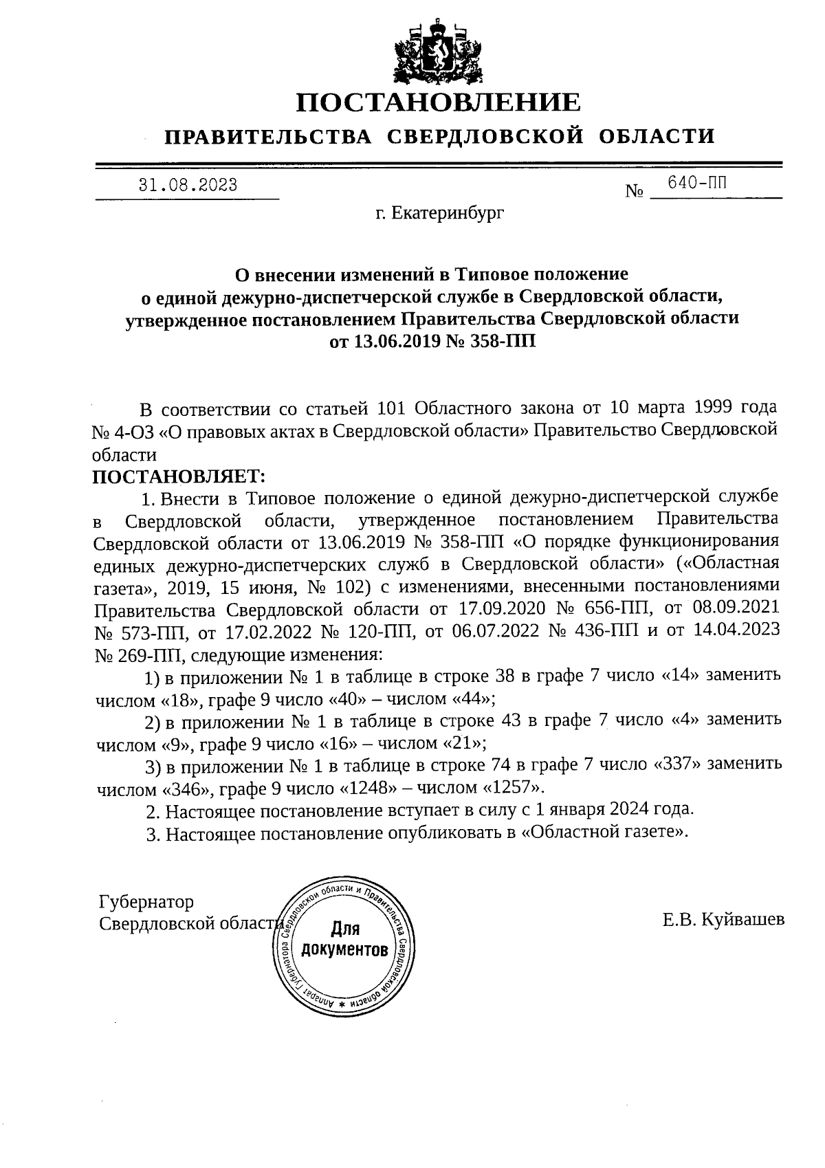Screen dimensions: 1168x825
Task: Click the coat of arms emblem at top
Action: pos(438,51)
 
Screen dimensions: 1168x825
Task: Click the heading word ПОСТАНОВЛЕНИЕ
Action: pos(439,102)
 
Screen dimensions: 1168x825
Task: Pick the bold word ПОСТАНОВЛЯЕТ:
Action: pos(179,476)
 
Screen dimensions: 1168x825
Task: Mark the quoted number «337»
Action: pos(675,764)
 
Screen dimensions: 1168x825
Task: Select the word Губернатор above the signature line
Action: pos(146,901)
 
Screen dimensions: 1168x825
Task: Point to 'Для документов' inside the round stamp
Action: pos(345,940)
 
